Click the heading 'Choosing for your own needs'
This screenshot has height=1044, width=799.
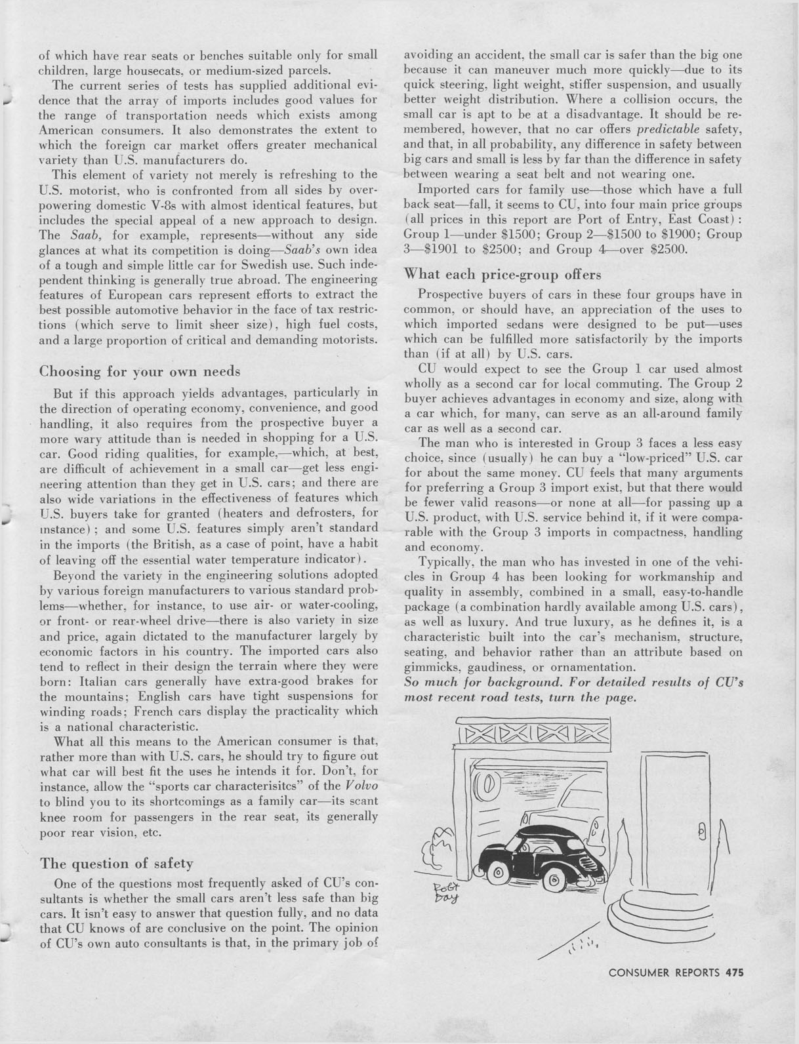(140, 371)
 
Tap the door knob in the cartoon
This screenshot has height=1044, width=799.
(701, 832)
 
